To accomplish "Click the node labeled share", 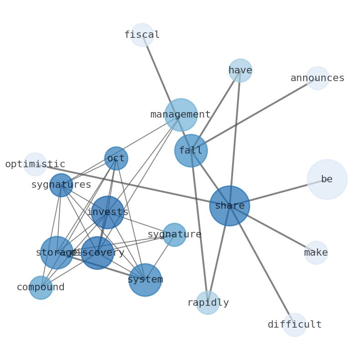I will point(229,206).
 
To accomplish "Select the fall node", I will point(191,150).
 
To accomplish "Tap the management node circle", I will point(181,115).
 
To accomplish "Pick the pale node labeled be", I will point(327,179).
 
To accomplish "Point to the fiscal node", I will point(142,35).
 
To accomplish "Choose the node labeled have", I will point(240,71).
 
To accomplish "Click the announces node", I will point(317,78).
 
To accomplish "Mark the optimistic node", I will point(35,165).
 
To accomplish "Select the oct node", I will point(116,159).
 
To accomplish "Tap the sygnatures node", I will point(61,185).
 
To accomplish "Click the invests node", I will point(108,212).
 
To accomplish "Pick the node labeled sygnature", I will point(174,235).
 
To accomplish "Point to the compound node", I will point(41,288).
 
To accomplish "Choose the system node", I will point(145,280).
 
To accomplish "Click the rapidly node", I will point(208,303).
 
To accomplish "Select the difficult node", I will point(295,325).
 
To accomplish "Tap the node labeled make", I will point(316,253).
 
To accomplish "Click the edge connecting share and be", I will point(278,193).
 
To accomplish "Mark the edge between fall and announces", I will point(254,114).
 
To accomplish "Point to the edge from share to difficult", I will point(262,266).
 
